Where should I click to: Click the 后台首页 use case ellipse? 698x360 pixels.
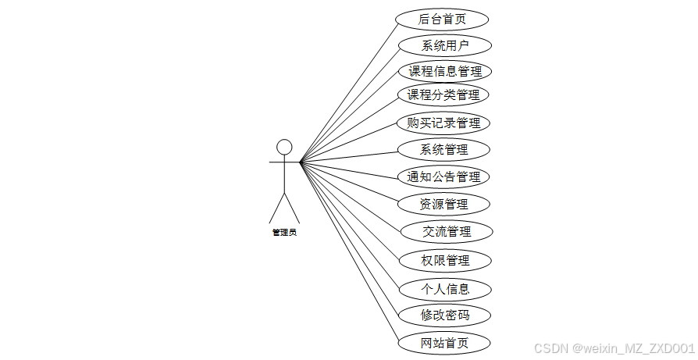tap(443, 19)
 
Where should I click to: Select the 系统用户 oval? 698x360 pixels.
tap(444, 45)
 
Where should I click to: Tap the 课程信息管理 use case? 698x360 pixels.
tap(444, 71)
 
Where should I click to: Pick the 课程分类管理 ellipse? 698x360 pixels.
tap(443, 95)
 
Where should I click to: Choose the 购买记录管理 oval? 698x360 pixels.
tap(443, 123)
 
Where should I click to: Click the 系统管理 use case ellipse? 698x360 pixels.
tap(443, 149)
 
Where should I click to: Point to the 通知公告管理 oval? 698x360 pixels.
tap(443, 176)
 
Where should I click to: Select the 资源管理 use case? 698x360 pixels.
tap(443, 204)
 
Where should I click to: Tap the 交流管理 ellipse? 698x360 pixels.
tap(446, 231)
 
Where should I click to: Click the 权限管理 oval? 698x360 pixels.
tap(444, 260)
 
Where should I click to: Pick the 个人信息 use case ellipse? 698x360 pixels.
tap(444, 289)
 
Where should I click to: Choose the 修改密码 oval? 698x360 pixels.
tap(444, 315)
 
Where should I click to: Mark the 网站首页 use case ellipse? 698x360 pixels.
tap(444, 342)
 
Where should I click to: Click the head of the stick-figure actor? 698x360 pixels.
tap(284, 146)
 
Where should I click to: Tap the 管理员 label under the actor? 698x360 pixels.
tap(284, 232)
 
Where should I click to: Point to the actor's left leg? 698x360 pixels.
tap(276, 209)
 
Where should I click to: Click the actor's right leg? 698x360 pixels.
tap(292, 209)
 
